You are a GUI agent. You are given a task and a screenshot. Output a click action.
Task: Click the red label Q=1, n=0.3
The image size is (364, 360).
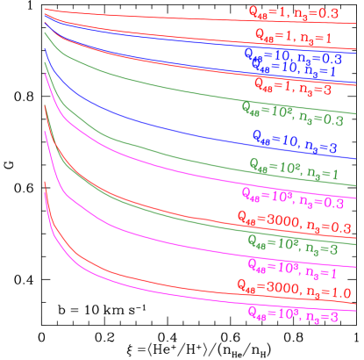point(291,13)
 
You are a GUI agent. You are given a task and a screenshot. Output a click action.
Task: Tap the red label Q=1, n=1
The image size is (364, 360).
point(292,38)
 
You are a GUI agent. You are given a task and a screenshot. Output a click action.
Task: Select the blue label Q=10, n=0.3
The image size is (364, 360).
point(292,54)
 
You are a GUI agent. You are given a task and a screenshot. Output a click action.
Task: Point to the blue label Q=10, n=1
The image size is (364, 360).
point(293,66)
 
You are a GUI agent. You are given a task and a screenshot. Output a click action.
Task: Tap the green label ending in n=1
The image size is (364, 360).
point(292,168)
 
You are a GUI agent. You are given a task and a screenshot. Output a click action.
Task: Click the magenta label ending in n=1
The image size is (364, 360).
point(292,266)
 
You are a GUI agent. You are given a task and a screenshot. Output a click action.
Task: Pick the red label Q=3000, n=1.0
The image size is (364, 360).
point(292,288)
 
